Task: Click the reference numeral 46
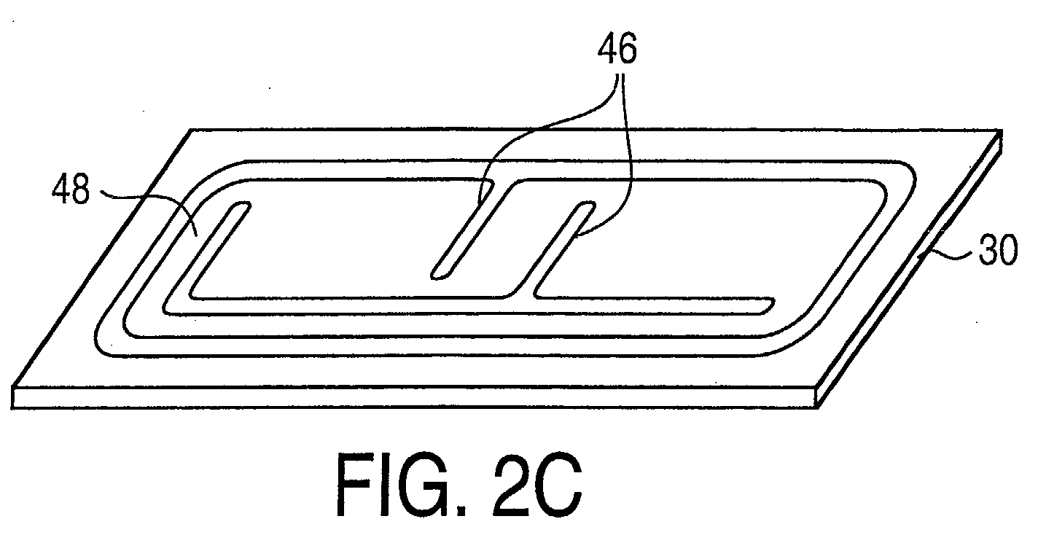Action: click(x=617, y=49)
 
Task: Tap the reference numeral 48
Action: click(x=71, y=190)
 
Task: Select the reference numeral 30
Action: click(x=998, y=249)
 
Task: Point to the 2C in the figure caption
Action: click(x=537, y=485)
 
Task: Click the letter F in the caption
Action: click(x=354, y=485)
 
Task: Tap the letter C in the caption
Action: click(x=559, y=485)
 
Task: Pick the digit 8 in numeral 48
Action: click(x=80, y=190)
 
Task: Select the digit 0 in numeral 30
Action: click(x=1008, y=250)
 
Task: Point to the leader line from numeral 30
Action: click(x=948, y=254)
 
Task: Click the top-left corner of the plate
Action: click(x=190, y=130)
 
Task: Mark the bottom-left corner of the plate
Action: click(x=12, y=386)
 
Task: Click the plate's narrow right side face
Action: click(x=909, y=270)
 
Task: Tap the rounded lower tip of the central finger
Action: click(x=437, y=275)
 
